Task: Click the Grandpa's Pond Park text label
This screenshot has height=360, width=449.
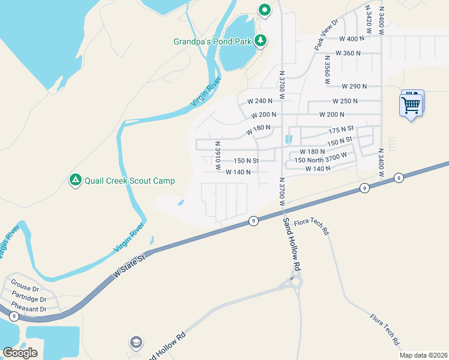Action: click(212, 42)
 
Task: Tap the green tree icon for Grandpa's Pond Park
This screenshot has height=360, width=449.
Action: click(260, 41)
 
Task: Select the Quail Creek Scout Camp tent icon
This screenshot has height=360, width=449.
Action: click(75, 180)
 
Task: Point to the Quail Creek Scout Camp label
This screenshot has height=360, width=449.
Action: click(130, 181)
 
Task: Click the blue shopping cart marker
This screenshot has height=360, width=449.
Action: click(411, 104)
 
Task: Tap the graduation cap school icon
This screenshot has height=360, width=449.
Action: click(136, 343)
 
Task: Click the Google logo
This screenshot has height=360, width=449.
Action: click(20, 352)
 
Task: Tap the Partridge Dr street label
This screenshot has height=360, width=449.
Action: click(28, 299)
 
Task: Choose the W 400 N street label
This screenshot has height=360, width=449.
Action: click(352, 38)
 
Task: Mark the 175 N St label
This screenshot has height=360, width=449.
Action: click(341, 129)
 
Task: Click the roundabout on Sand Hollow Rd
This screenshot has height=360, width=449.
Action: click(295, 281)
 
